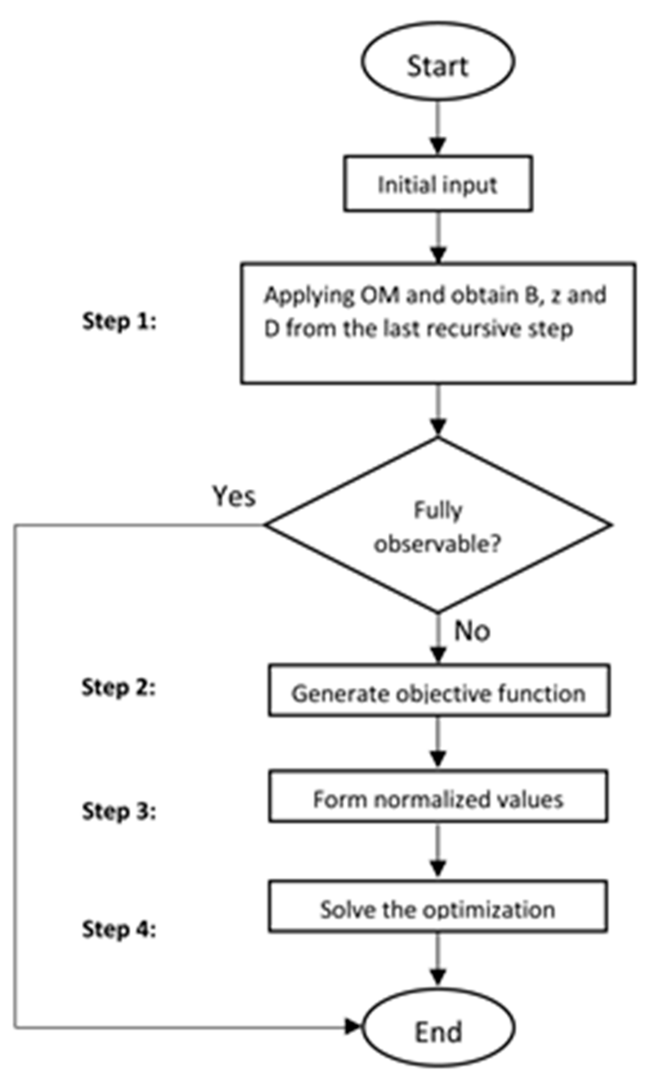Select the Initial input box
click(438, 184)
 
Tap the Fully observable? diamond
click(438, 525)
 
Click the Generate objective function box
click(438, 693)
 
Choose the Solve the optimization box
click(438, 909)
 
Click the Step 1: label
click(119, 321)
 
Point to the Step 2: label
click(118, 687)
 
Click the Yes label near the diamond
click(234, 497)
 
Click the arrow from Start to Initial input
click(438, 127)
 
